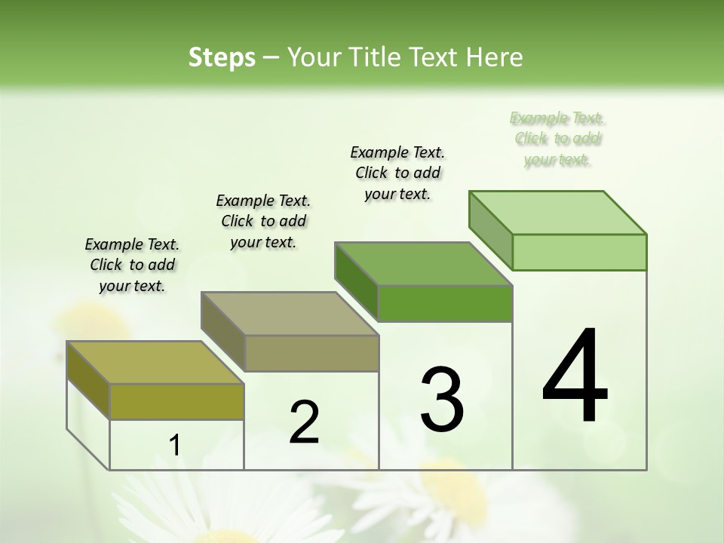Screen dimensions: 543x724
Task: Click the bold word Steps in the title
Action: coord(222,57)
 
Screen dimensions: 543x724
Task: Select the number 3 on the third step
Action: coord(442,400)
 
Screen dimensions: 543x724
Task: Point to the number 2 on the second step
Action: coord(305,422)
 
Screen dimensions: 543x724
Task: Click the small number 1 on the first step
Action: coord(175,446)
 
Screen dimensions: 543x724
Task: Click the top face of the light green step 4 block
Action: coord(558,213)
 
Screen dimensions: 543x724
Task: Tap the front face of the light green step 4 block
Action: coord(579,252)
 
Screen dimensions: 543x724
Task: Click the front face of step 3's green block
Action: coord(445,303)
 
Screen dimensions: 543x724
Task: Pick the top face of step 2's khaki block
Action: coord(290,314)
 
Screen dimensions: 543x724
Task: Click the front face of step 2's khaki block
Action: coord(311,353)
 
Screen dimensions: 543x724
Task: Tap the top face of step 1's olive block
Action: coord(155,363)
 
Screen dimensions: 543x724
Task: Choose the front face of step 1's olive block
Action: coord(176,401)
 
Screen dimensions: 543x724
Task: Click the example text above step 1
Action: coord(132,265)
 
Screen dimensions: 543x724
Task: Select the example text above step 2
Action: coord(263,221)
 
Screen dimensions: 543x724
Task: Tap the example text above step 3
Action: coord(397,173)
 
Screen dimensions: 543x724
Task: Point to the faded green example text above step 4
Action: coord(557,139)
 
